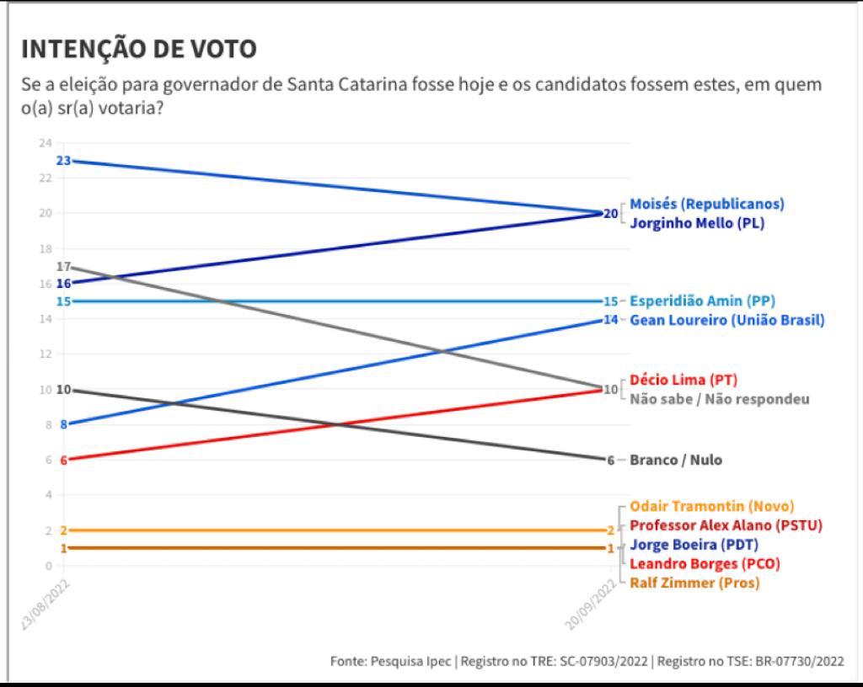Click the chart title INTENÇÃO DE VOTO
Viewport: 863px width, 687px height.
139,49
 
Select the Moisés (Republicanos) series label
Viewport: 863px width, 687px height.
707,204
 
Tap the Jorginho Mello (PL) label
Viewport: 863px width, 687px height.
697,224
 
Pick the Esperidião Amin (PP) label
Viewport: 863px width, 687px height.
703,301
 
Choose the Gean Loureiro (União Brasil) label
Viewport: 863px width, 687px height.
726,320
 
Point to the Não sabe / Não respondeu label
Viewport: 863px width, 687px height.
719,399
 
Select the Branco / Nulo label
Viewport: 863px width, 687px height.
676,460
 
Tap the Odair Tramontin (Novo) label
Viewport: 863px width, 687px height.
712,506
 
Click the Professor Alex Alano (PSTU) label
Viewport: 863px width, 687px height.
726,525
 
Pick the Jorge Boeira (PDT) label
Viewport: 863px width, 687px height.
694,545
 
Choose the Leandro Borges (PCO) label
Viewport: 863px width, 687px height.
705,563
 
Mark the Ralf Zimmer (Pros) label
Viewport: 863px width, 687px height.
694,583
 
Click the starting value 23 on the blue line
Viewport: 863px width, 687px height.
63,160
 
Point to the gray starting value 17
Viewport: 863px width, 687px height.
63,266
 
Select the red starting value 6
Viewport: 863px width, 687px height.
63,460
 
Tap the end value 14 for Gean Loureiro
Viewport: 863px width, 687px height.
610,320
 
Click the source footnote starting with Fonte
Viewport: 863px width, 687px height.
587,662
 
